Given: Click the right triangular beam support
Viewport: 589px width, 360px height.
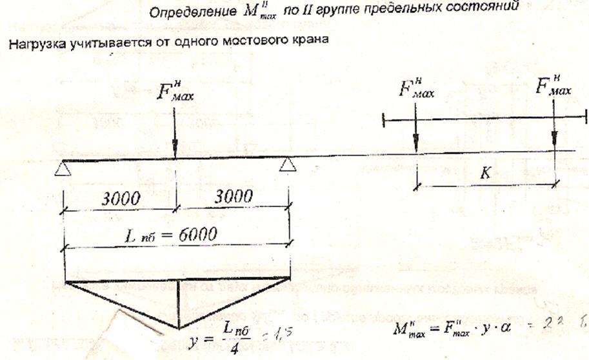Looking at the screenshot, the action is click(288, 166).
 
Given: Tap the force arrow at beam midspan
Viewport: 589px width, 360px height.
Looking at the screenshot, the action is click(175, 132).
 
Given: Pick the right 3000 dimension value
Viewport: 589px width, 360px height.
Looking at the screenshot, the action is click(232, 197).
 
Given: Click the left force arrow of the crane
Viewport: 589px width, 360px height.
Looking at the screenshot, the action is click(416, 132).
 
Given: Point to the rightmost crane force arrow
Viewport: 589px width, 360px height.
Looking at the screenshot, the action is click(554, 132).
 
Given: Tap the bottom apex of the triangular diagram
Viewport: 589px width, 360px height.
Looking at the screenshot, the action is click(179, 328).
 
